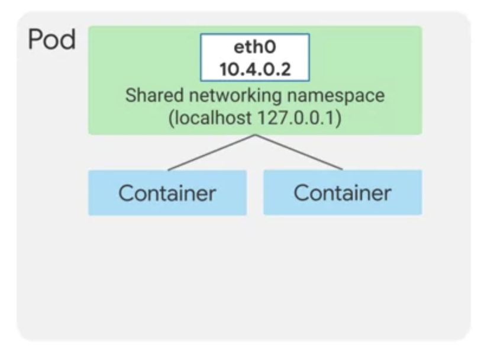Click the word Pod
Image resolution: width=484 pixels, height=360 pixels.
pos(51,41)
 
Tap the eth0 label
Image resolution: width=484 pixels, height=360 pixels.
pos(254,48)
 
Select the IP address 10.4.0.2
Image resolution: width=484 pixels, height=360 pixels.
pos(254,69)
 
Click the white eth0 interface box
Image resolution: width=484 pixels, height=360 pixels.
pos(254,58)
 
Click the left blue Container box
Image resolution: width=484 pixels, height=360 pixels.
pos(167,192)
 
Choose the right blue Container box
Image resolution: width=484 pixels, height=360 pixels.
pos(343,192)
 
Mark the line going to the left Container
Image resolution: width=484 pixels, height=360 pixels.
pos(211,152)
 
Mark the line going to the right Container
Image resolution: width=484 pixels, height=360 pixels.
pos(299,152)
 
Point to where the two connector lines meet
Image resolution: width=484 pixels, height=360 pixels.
pos(255,135)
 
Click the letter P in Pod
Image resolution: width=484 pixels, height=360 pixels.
pos(36,41)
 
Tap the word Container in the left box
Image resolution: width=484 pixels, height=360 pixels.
pos(167,193)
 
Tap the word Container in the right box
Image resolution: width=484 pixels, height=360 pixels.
pos(343,193)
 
